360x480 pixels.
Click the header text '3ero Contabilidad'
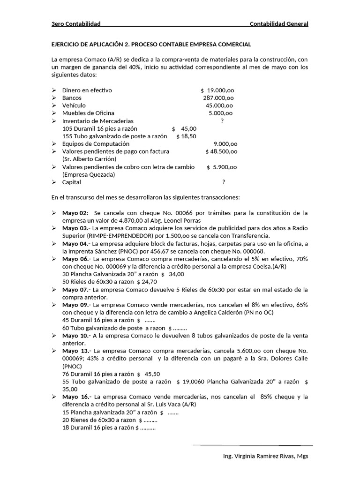[76, 24]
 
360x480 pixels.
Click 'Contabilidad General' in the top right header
[279, 24]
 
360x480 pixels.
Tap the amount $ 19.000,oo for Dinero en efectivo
[217, 90]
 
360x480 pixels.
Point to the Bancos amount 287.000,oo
[218, 98]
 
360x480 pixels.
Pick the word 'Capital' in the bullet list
[72, 182]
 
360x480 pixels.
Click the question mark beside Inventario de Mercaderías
[222, 121]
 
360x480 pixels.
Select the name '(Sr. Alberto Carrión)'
[89, 159]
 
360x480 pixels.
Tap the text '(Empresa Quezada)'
[89, 174]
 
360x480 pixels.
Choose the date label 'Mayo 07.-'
[76, 289]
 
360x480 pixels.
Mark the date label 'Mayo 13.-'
[77, 351]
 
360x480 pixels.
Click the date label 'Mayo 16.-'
[76, 397]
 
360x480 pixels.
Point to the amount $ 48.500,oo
[221, 151]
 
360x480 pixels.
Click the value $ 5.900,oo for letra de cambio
[221, 167]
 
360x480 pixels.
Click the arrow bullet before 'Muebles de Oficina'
[53, 113]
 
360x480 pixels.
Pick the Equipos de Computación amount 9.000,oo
[225, 144]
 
